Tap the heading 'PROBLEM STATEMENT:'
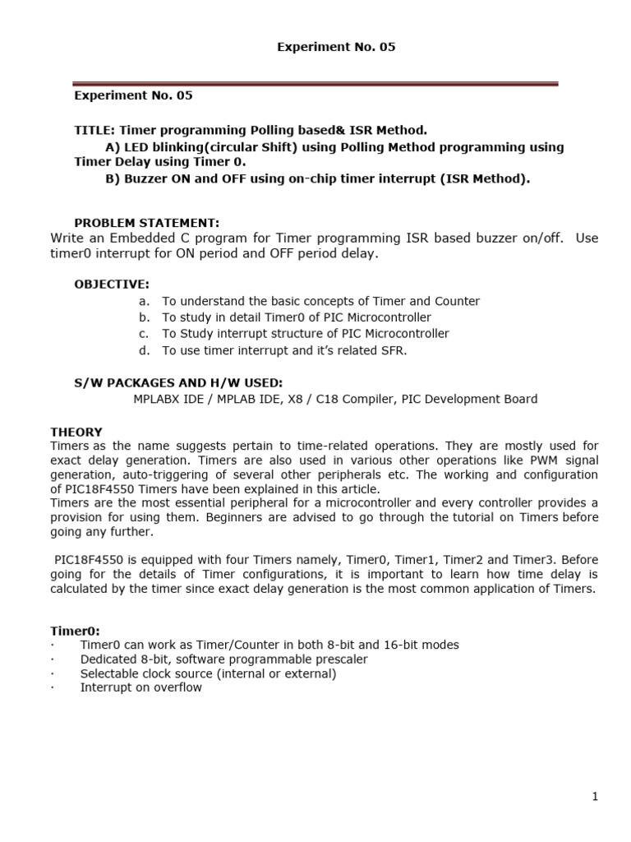tap(147, 223)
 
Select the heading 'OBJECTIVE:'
tap(112, 284)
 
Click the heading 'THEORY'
tap(76, 432)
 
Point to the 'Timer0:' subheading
tap(75, 631)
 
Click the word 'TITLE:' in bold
tap(95, 130)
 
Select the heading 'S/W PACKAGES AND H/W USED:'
tap(178, 382)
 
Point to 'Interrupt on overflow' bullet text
tap(140, 687)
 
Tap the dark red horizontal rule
tap(315, 83)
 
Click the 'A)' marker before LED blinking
tap(113, 146)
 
